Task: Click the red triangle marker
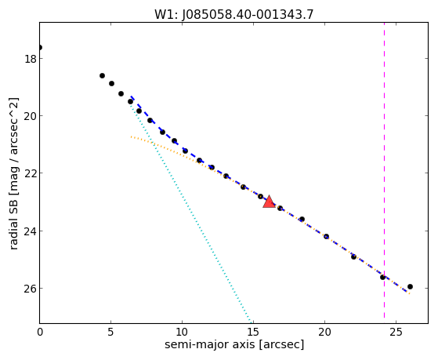[x=269, y=202]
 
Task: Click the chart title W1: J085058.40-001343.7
[x=234, y=14]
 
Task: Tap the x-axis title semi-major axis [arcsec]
[x=234, y=344]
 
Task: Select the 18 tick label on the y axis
[x=31, y=59]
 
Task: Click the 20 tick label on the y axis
[x=31, y=116]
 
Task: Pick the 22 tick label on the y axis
[x=31, y=173]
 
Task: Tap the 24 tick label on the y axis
[x=31, y=231]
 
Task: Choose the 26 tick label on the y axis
[x=31, y=289]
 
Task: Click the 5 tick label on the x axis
[x=111, y=333]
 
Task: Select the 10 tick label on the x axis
[x=182, y=333]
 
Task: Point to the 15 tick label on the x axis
[x=253, y=333]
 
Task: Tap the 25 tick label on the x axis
[x=396, y=333]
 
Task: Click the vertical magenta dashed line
[x=384, y=170]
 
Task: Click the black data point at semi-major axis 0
[x=40, y=47]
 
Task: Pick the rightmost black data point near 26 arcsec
[x=410, y=286]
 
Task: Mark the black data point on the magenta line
[x=382, y=277]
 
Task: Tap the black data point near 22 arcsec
[x=353, y=256]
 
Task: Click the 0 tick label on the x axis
[x=40, y=333]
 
